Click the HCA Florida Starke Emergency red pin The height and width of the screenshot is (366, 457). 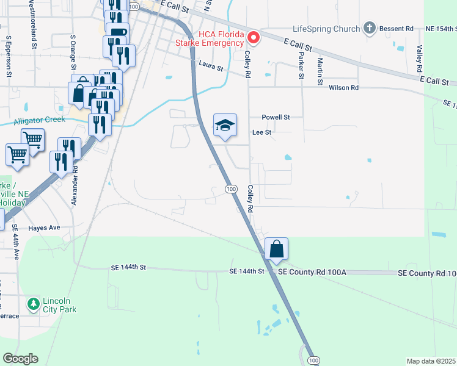pos(252,38)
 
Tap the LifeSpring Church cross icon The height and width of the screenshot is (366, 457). pos(369,28)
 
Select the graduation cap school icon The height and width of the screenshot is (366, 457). pos(224,126)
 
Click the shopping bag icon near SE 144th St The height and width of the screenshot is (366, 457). pos(276,249)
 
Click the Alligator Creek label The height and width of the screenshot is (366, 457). pos(39,120)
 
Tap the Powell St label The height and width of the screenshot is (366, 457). pos(275,117)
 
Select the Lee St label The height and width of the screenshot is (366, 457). pos(261,131)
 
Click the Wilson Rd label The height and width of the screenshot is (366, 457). pos(343,88)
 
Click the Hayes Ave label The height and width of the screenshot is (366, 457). pos(44,228)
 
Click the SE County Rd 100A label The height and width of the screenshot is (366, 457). pos(312,271)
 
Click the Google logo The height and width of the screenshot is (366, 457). pos(20,359)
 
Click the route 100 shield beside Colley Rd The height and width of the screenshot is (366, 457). pos(231,189)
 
